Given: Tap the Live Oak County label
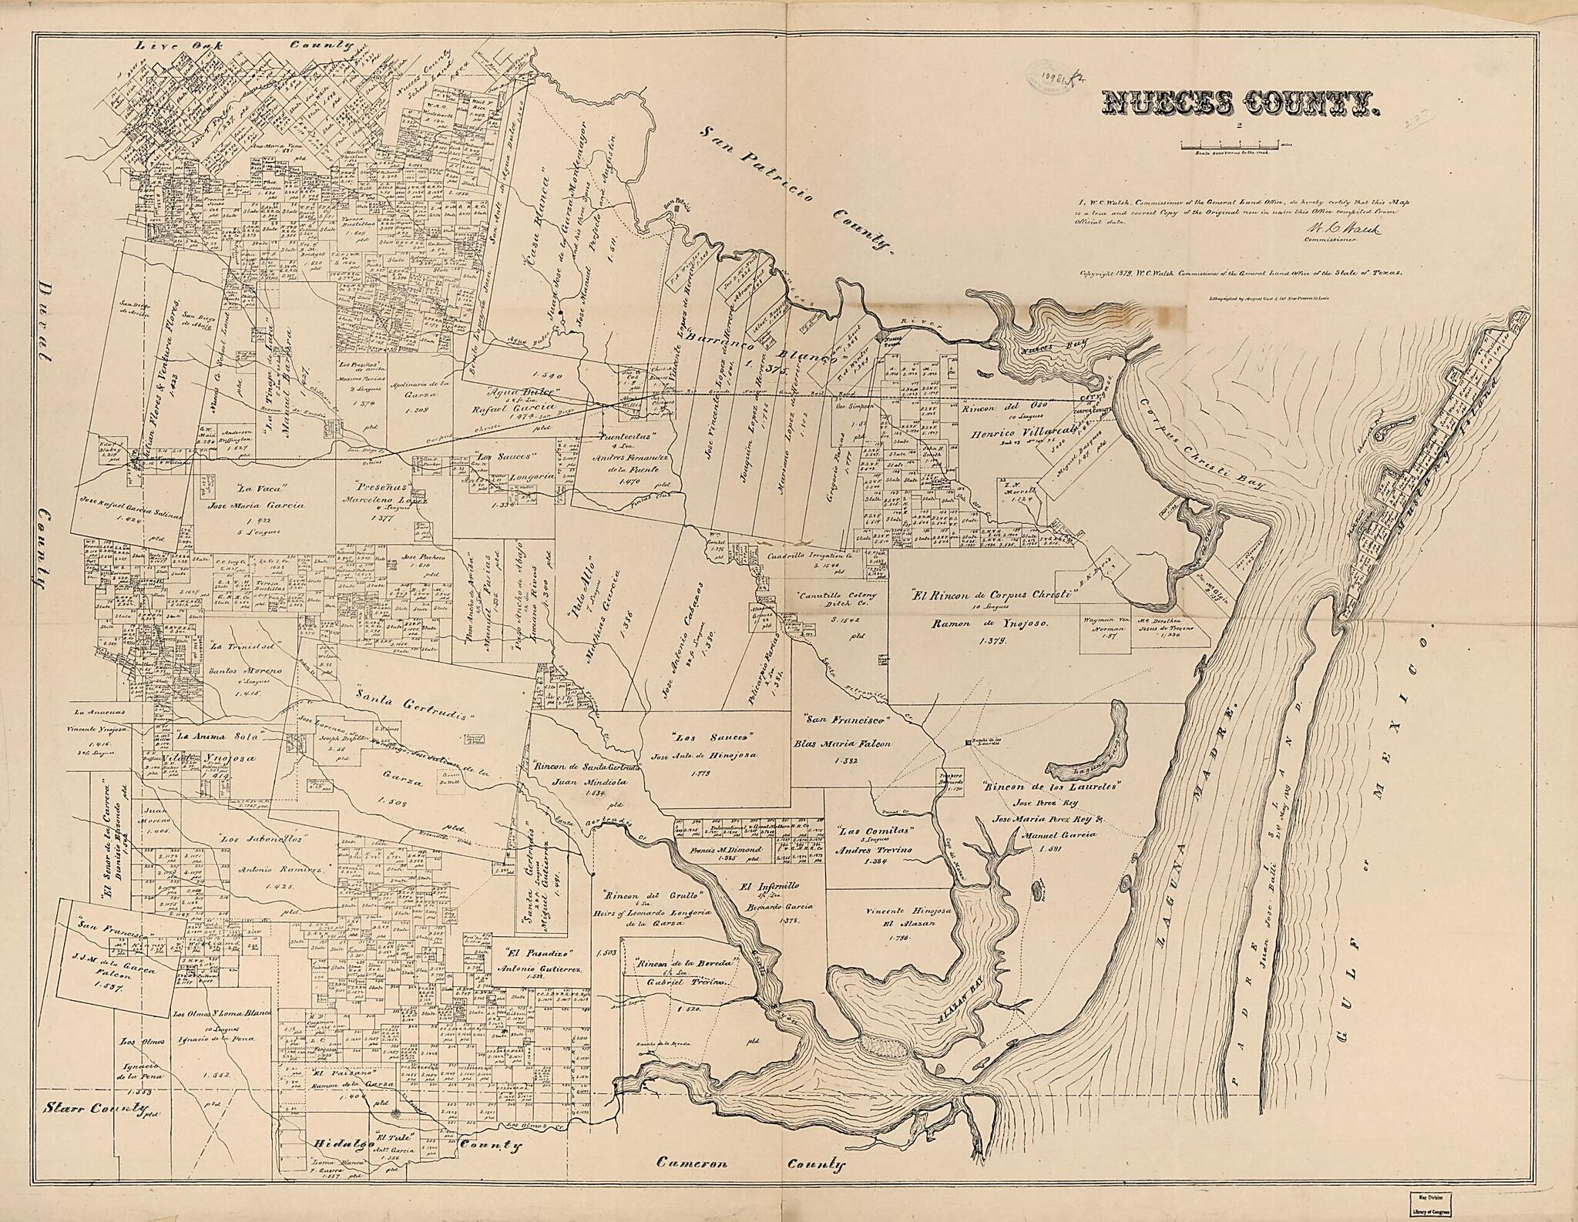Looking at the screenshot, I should (x=238, y=46).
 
